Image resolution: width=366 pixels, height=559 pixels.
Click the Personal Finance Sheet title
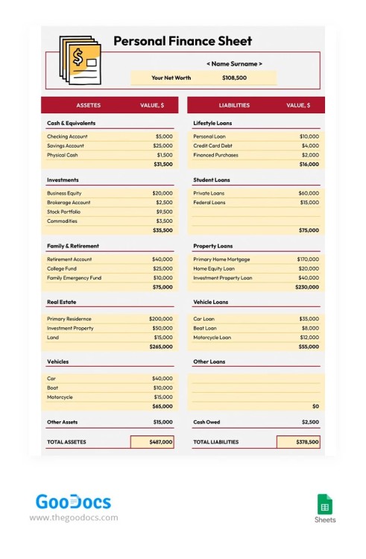183,42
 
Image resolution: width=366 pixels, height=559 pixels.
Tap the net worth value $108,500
235,78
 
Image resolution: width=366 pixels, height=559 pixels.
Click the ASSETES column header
88,105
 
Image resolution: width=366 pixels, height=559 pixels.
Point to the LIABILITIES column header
234,105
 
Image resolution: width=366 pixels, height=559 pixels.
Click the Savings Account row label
66,146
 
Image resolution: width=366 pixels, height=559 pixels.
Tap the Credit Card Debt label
212,146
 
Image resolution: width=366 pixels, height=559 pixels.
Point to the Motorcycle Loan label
212,337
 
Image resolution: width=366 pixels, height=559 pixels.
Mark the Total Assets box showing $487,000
152,442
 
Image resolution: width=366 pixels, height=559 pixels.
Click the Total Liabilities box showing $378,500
298,442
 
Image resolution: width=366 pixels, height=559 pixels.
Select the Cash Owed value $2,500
309,422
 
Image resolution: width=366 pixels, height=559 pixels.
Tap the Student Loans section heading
212,180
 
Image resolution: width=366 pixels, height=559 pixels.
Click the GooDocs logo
73,502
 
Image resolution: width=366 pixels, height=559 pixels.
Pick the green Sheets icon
325,503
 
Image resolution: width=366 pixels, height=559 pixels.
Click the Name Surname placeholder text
234,64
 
